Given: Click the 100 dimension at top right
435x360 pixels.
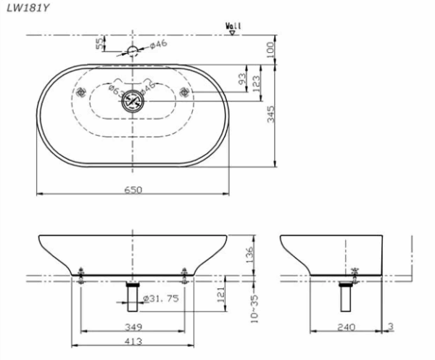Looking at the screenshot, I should pyautogui.click(x=270, y=49).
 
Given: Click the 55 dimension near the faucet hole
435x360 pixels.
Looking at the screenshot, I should pyautogui.click(x=100, y=44).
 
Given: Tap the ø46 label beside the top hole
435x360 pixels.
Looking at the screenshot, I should pyautogui.click(x=158, y=44).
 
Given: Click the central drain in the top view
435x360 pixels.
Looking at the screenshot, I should pyautogui.click(x=133, y=102).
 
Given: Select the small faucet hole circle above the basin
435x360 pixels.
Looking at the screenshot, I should pyautogui.click(x=132, y=51).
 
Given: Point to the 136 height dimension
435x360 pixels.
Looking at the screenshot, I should pyautogui.click(x=250, y=254).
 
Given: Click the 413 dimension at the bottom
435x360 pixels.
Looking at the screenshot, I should pyautogui.click(x=132, y=341).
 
